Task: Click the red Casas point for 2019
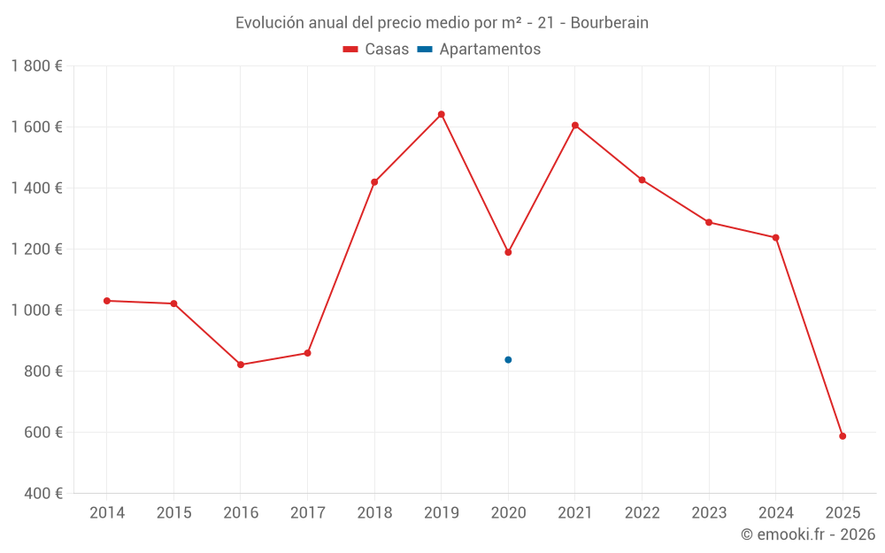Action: coord(441,114)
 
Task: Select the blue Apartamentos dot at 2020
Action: coord(508,360)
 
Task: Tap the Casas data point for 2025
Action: coord(843,436)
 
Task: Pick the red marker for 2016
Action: coord(241,365)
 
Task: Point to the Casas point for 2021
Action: coord(575,126)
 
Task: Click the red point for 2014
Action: coord(107,301)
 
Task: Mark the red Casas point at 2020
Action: coord(508,252)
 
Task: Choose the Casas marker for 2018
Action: coord(374,182)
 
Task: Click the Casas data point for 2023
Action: coord(709,222)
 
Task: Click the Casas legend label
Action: coord(387,50)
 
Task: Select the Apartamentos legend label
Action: coord(489,50)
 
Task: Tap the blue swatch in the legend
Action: coord(425,50)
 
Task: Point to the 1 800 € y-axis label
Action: coord(36,66)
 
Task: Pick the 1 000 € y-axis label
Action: coord(36,311)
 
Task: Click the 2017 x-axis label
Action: coord(307,513)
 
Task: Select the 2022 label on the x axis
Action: coord(642,513)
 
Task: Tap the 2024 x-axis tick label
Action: coord(775,513)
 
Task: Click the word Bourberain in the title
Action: coord(609,23)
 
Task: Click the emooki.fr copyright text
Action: coord(807,534)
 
